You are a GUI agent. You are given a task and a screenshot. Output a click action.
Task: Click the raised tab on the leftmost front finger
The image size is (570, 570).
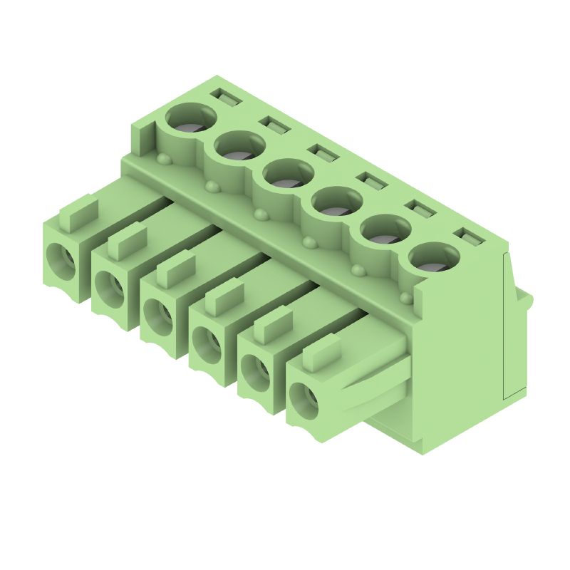point(78,213)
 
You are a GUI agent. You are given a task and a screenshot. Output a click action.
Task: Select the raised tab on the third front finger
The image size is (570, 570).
point(175,268)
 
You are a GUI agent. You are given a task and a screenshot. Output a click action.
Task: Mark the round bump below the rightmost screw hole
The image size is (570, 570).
point(406,296)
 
